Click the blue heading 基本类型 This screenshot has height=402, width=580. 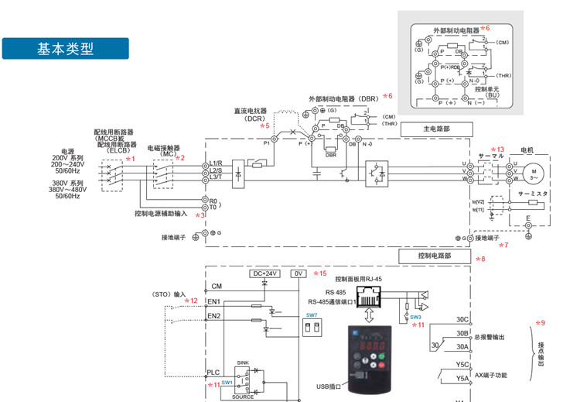66,48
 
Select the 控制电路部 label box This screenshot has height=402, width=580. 434,255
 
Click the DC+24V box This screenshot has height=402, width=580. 264,273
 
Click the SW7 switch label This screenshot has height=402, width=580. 310,314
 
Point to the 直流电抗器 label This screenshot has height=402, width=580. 250,111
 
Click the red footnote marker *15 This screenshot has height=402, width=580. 320,273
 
